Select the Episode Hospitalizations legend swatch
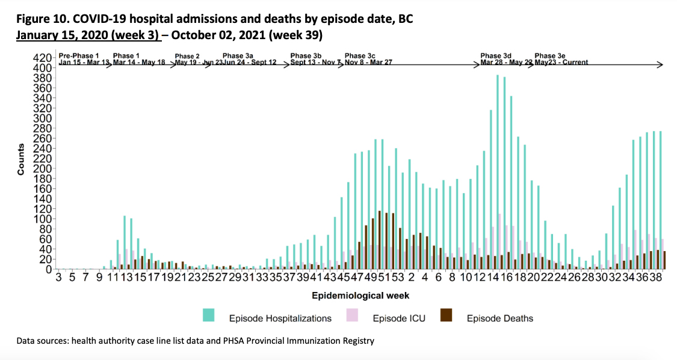209,315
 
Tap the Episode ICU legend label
398,318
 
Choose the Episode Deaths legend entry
499,318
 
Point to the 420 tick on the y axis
44,58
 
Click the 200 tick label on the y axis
44,169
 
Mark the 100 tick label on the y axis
44,219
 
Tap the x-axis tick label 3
58,278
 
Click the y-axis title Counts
21,160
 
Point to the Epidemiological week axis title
360,296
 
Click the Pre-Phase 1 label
78,56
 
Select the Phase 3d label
496,56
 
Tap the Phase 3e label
549,56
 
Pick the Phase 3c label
360,56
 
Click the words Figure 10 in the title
42,19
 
